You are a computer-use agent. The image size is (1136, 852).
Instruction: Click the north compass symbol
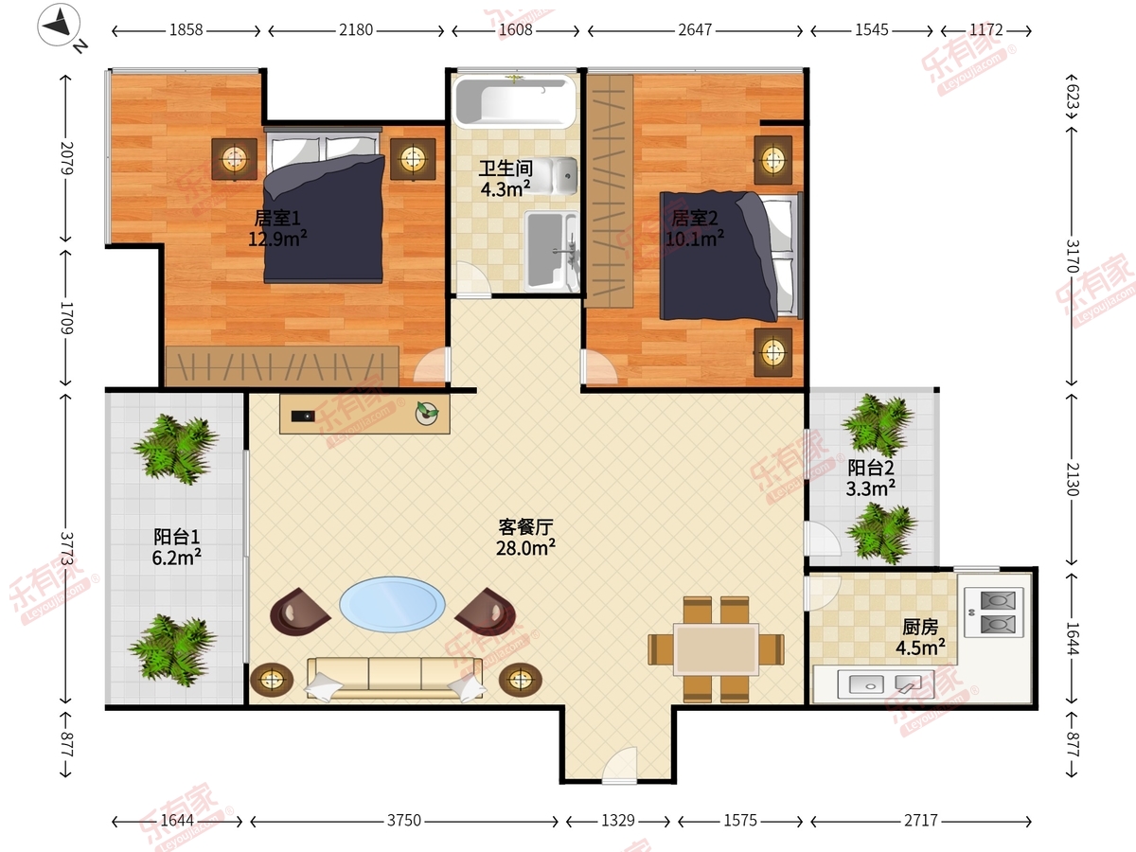59,25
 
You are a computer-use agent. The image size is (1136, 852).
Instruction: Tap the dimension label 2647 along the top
695,30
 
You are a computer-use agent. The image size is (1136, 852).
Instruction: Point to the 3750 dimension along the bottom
404,821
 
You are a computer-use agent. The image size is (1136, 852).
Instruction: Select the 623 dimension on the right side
1072,97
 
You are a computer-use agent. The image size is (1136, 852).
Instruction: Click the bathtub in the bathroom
514,101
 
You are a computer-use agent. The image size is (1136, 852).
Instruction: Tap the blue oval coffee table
392,604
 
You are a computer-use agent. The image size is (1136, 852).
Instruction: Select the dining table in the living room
717,649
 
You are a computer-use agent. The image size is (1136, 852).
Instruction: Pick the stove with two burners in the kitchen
994,612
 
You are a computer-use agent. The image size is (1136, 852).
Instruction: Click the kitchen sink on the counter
886,684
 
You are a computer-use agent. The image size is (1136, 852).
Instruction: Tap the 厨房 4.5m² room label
920,637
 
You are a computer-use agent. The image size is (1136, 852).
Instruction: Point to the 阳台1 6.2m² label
176,547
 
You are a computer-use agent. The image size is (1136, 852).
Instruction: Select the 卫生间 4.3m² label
506,179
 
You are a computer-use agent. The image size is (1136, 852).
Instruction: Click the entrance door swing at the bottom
619,764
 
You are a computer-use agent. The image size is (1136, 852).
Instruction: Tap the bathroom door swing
472,279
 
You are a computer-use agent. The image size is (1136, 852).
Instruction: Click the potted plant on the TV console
427,414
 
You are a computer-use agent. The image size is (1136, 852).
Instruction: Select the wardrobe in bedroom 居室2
609,191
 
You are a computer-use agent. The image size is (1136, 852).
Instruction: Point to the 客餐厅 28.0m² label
525,538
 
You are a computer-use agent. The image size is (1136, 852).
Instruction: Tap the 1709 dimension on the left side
67,318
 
